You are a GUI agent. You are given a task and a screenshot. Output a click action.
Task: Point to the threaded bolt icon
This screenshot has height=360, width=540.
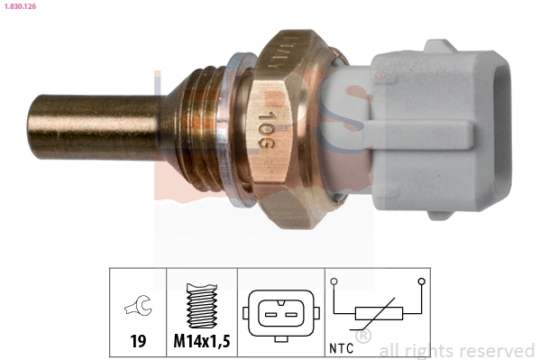point(201,305)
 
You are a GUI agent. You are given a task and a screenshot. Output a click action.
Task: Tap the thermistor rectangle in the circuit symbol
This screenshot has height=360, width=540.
point(376,314)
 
